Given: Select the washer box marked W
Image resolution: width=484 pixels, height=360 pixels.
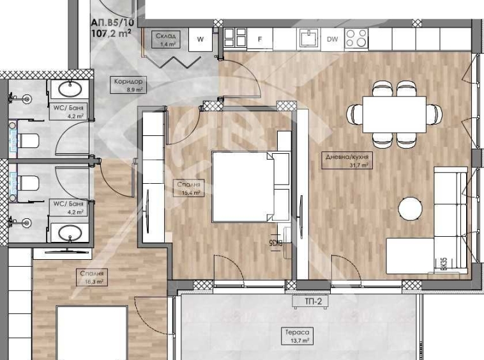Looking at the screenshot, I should [x=200, y=40].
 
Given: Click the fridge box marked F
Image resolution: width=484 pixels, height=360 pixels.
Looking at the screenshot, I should [x=260, y=40].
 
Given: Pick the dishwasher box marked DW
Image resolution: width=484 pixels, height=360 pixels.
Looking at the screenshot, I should [x=332, y=40].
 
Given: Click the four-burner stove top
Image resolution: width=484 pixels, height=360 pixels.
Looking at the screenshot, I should [x=356, y=39].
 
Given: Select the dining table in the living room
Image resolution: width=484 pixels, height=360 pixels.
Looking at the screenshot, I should [x=395, y=114].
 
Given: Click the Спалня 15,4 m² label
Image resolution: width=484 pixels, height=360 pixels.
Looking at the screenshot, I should [x=190, y=188].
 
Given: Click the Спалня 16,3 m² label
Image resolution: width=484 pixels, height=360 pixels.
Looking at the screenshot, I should [x=92, y=276].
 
